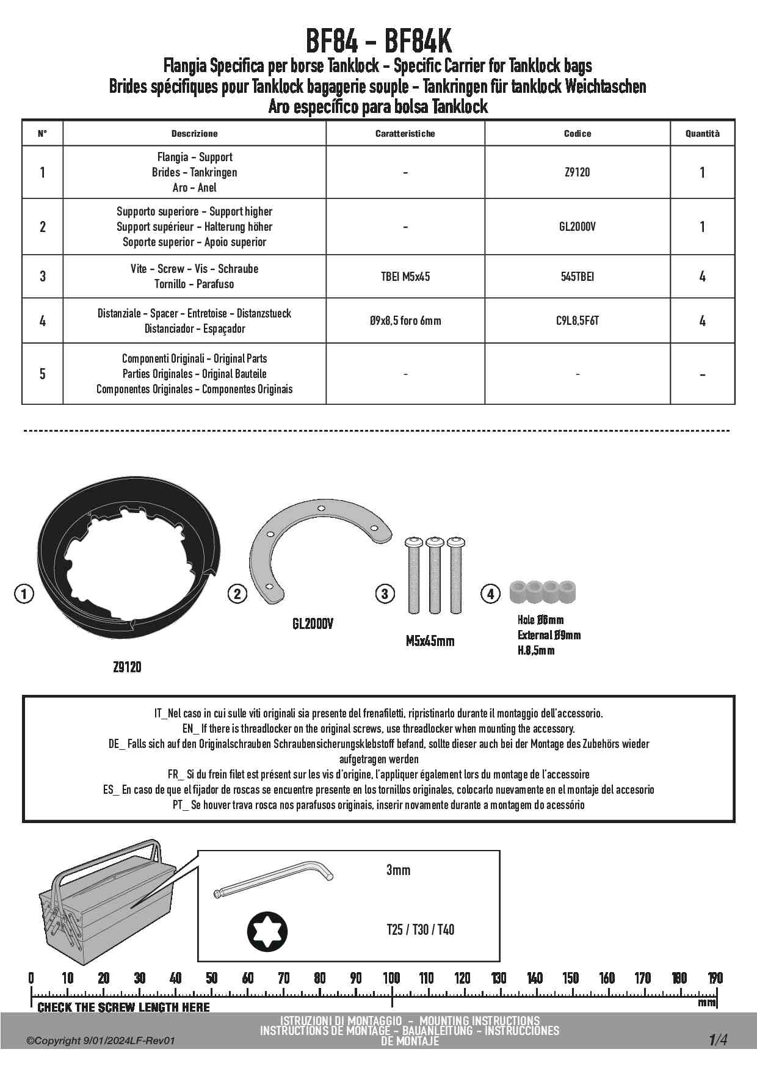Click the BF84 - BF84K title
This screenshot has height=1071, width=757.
coord(378,42)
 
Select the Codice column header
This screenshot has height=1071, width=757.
coord(577,133)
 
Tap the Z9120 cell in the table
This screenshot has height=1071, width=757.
coord(577,172)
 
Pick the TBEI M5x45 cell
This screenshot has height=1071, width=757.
coord(405,277)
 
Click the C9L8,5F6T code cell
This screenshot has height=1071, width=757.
coord(577,321)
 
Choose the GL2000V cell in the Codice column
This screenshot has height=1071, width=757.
coord(577,227)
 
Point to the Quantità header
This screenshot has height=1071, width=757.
coord(702,133)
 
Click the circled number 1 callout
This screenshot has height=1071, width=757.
coord(24,594)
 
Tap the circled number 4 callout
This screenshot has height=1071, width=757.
coord(490,594)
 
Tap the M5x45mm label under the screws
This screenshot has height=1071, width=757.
coord(430,641)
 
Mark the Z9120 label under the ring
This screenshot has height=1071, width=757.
coord(127,667)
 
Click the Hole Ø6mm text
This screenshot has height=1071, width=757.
coord(540,620)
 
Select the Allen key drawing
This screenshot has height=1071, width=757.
coord(275,877)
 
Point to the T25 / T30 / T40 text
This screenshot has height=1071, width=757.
coord(420,929)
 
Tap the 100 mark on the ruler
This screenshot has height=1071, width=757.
coord(391,978)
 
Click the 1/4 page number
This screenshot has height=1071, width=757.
coord(718,1039)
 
